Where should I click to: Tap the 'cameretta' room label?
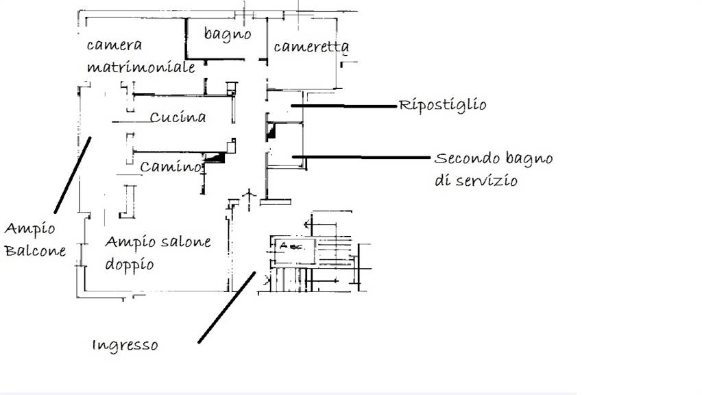(311, 47)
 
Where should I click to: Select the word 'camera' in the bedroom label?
(114, 45)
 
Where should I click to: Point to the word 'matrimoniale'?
(141, 67)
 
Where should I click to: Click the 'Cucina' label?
(178, 117)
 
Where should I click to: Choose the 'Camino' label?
(171, 167)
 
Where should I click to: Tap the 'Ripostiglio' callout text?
(443, 106)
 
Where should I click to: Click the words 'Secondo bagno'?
(494, 159)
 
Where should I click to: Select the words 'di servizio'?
(475, 181)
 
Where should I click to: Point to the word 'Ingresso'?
(125, 345)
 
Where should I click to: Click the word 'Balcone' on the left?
(36, 250)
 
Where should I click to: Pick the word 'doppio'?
(129, 264)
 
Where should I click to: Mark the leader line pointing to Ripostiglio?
(346, 106)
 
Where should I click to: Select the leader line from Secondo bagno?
(363, 158)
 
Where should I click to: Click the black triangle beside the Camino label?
(217, 158)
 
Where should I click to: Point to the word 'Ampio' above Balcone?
(30, 228)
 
